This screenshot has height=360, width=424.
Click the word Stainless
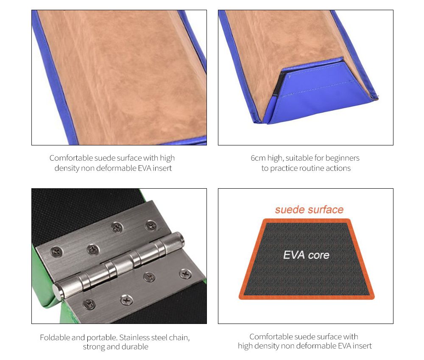(134, 338)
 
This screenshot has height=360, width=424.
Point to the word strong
(94, 347)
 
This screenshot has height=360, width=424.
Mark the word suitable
(298, 158)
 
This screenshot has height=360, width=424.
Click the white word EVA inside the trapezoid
(294, 255)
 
